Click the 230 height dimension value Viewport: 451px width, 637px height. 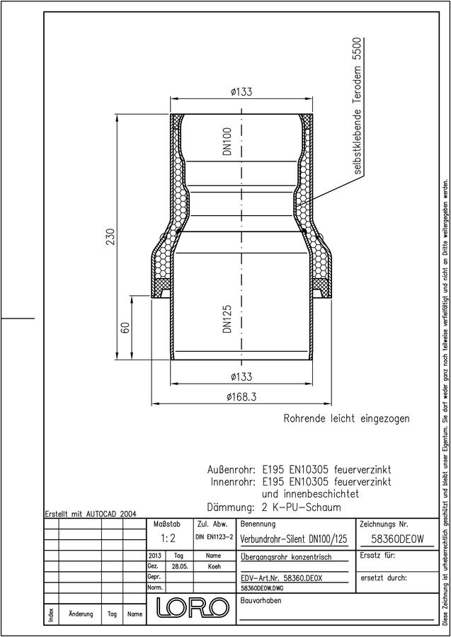110,237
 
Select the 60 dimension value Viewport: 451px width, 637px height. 125,328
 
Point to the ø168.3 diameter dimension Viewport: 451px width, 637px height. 241,397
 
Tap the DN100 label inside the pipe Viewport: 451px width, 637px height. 227,142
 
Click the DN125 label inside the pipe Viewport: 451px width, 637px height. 227,319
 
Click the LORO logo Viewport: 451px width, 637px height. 190,607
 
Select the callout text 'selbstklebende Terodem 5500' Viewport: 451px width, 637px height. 357,106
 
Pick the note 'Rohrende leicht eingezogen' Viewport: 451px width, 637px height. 347,418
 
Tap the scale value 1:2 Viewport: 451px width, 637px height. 168,539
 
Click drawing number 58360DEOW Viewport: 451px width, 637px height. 398,539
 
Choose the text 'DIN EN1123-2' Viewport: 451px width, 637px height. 214,537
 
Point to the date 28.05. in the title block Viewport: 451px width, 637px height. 180,567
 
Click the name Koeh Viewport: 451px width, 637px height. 214,567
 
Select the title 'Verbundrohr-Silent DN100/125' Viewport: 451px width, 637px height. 294,539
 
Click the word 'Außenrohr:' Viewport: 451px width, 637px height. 231,470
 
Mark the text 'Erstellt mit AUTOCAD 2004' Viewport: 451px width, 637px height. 91,514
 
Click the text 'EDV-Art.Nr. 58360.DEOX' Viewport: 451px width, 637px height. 281,578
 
